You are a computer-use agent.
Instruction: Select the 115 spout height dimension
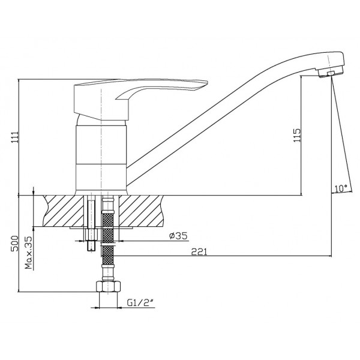[x=297, y=135]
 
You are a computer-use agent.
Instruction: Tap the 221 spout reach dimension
[x=199, y=252]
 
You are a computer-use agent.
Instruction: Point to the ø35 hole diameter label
[x=178, y=236]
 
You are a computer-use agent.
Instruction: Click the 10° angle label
[x=341, y=188]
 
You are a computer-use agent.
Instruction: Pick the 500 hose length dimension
[x=14, y=244]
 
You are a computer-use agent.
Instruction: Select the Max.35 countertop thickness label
[x=29, y=253]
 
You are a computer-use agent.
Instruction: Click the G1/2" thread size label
[x=140, y=303]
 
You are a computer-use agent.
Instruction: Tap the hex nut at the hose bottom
[x=108, y=286]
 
